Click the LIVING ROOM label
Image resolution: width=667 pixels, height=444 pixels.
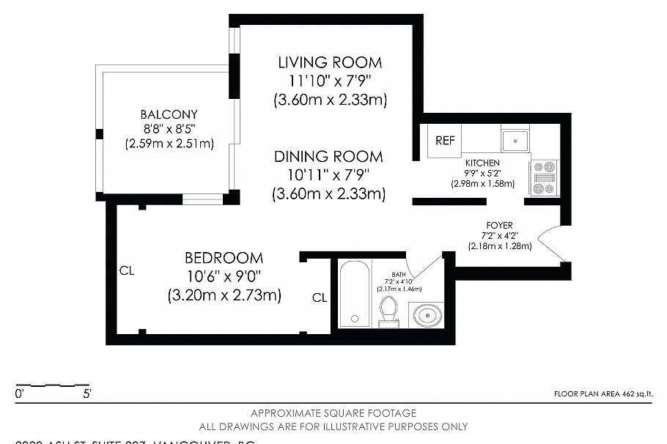tap(330, 62)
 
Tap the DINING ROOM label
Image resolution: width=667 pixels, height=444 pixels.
tap(328, 157)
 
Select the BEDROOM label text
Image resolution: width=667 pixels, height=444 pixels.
tap(224, 258)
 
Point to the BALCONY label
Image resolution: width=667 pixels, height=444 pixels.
tap(169, 114)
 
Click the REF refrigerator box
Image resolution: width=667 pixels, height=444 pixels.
tap(445, 141)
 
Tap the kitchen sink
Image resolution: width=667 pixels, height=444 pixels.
tap(515, 138)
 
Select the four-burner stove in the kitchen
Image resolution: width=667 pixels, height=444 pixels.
tap(544, 177)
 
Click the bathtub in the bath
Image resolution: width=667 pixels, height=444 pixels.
tap(355, 293)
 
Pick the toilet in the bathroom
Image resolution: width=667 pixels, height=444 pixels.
tap(388, 311)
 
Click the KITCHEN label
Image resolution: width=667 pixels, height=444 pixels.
tap(482, 163)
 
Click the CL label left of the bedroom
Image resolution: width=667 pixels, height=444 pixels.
tap(127, 270)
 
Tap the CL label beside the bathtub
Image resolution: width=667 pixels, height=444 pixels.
tap(320, 297)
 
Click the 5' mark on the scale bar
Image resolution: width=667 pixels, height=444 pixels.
tap(87, 394)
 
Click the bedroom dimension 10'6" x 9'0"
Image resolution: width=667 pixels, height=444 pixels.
tap(224, 276)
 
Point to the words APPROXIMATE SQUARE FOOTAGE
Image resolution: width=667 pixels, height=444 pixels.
tap(333, 413)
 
